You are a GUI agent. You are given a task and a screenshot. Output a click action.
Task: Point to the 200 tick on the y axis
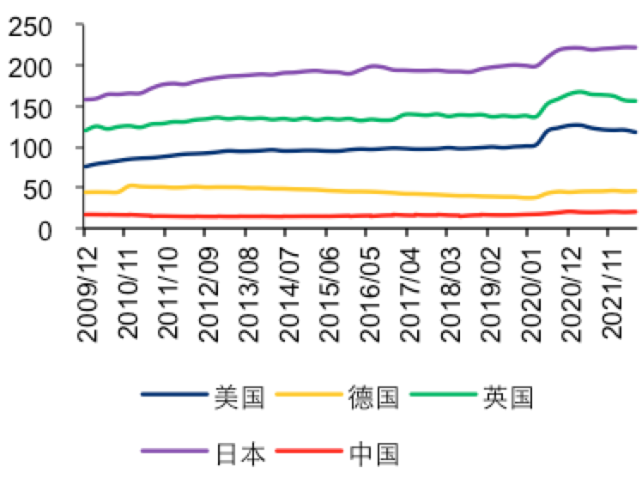click(x=38, y=66)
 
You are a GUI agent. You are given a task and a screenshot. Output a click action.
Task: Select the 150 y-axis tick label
click(x=38, y=107)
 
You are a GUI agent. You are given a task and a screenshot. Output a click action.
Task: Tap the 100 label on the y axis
click(x=38, y=148)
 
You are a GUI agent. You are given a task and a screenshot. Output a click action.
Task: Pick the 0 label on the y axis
click(x=57, y=229)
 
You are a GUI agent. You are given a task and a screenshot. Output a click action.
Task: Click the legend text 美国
click(x=239, y=397)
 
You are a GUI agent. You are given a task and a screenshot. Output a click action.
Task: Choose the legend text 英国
click(x=508, y=397)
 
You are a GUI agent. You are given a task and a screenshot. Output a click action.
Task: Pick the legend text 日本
click(x=239, y=451)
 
